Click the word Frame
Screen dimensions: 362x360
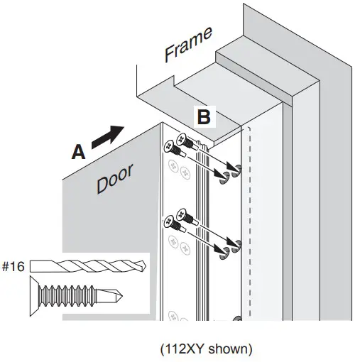(x=189, y=44)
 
